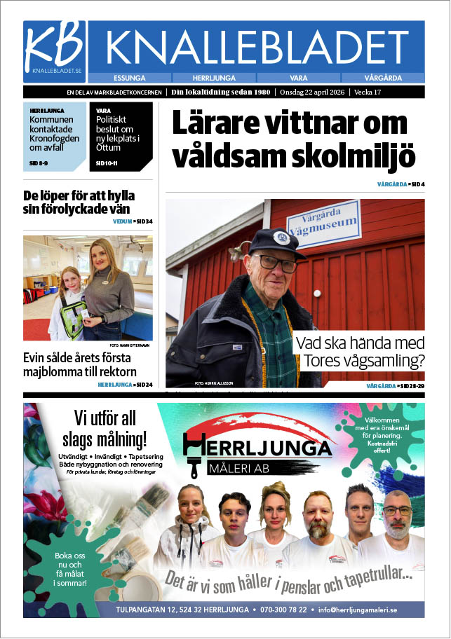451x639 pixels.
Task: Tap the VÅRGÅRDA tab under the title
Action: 383,78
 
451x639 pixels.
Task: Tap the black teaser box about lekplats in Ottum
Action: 121,137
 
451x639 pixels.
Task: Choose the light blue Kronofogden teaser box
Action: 55,137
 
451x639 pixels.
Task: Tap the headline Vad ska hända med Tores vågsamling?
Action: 360,353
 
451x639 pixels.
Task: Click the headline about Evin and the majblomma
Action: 80,365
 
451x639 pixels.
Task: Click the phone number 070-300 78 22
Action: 283,610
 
